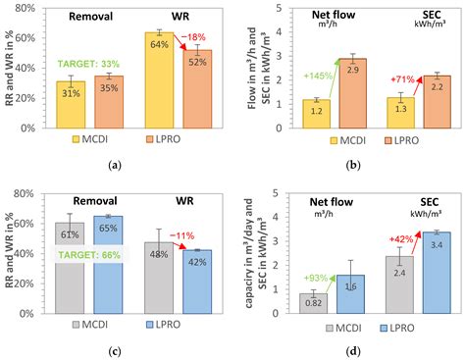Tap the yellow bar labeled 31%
[71, 104]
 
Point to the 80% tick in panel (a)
[29, 8]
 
